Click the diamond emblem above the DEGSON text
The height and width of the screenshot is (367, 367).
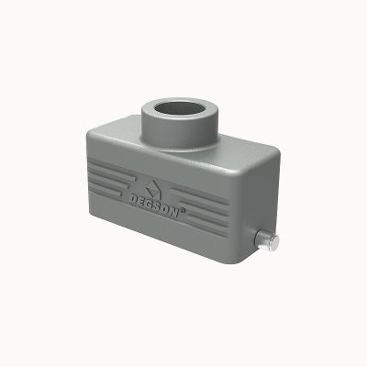[153, 189]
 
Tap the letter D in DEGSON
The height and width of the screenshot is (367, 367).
[134, 199]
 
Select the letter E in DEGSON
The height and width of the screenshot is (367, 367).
[142, 202]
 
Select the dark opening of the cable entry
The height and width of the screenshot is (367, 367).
[179, 108]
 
